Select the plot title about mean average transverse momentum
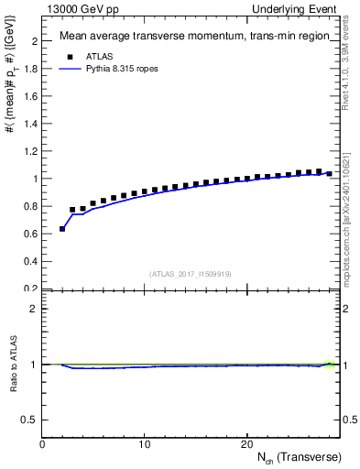tap(193, 37)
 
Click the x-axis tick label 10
tap(144, 444)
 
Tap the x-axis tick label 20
tap(245, 444)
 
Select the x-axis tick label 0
tap(42, 444)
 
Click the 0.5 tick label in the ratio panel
tap(29, 420)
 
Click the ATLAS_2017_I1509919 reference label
tap(191, 274)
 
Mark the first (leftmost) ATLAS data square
tap(62, 228)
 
